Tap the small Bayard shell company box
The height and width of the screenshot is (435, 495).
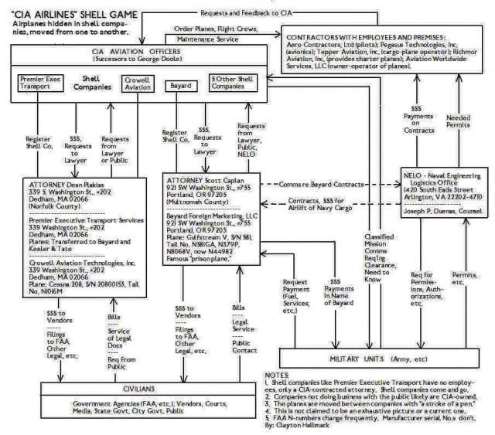click(179, 80)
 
